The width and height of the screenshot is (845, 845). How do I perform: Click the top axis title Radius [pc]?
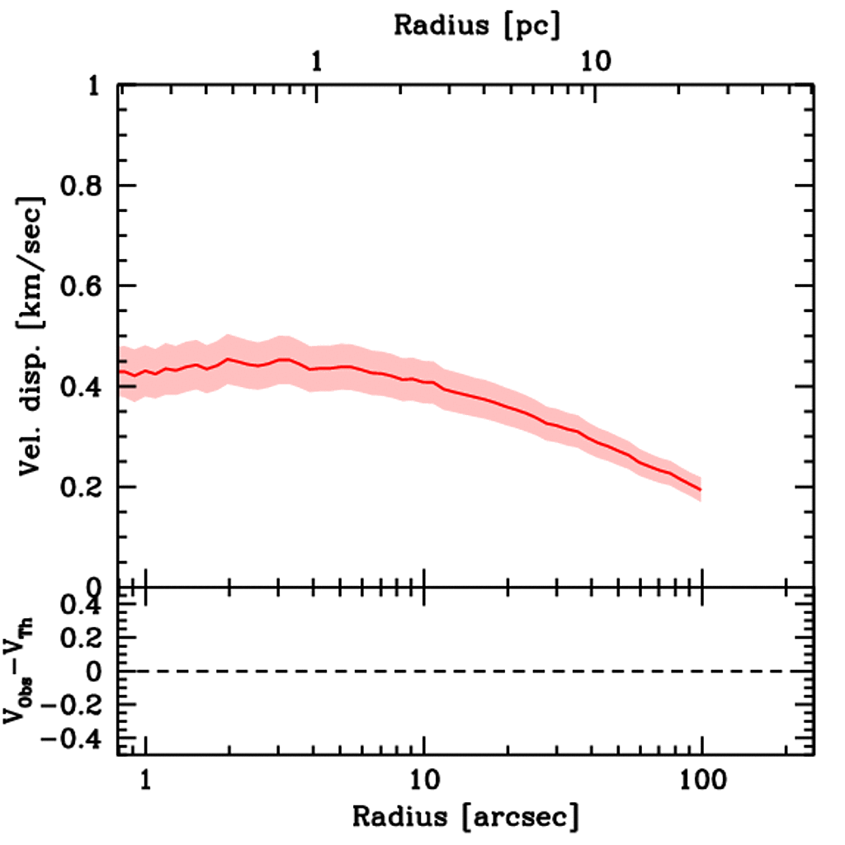tap(476, 26)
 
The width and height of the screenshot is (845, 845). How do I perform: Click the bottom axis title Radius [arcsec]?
tap(466, 817)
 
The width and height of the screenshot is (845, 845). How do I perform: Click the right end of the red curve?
tap(701, 489)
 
